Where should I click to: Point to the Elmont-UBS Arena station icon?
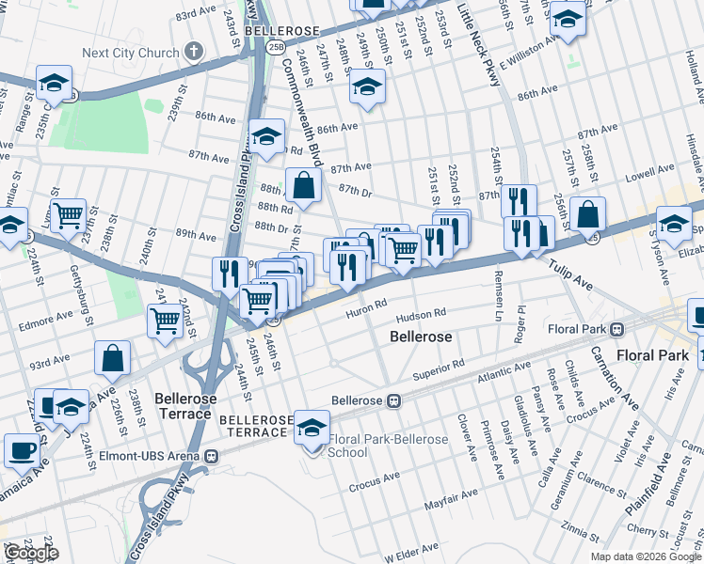pyautogui.click(x=212, y=456)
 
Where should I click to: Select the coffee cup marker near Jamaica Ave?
pyautogui.click(x=21, y=448)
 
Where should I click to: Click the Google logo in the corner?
pyautogui.click(x=30, y=553)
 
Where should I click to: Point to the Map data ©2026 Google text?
pyautogui.click(x=646, y=556)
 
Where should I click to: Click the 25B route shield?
pyautogui.click(x=275, y=45)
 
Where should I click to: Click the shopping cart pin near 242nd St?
pyautogui.click(x=166, y=320)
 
